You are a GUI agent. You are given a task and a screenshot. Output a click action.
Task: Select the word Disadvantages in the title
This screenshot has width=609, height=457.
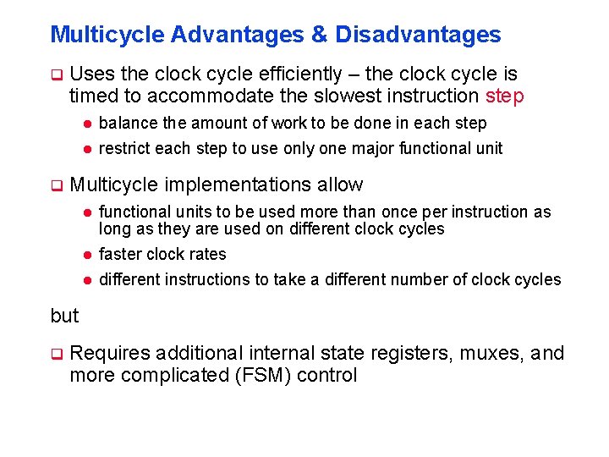(418, 35)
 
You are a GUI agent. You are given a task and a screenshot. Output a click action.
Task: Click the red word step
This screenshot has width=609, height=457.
(505, 96)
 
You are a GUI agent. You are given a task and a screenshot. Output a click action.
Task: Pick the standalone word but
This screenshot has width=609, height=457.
(64, 316)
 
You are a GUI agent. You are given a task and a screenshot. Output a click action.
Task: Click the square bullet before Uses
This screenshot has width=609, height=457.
(57, 74)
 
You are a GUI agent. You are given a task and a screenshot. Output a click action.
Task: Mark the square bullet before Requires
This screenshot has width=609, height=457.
(57, 354)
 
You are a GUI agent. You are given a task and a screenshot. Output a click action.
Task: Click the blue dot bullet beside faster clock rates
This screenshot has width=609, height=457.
(86, 255)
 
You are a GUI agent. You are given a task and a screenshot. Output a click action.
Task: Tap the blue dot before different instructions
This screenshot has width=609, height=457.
(86, 280)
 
